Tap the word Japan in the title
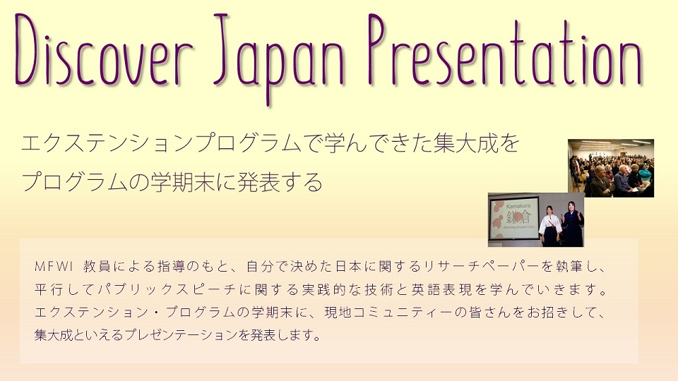280,59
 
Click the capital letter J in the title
223,49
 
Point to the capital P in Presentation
379,49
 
